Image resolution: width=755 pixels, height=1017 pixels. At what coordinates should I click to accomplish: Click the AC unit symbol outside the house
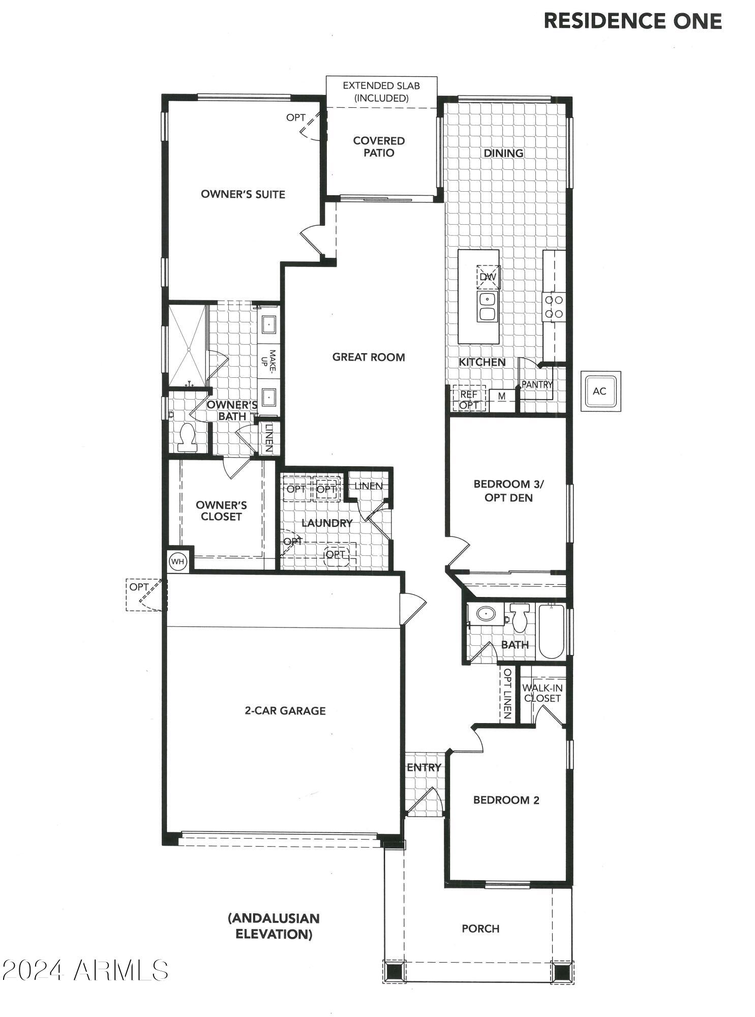[x=600, y=391]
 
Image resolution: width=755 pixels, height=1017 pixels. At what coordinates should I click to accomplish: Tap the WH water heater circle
[x=177, y=561]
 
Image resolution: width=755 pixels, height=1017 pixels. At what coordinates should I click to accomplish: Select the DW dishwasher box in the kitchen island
[x=488, y=277]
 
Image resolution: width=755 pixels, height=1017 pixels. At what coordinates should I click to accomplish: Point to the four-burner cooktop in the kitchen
[x=554, y=307]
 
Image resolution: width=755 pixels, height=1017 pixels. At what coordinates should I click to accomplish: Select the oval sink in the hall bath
[x=485, y=614]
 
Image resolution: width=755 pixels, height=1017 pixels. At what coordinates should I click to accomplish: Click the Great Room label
[x=369, y=357]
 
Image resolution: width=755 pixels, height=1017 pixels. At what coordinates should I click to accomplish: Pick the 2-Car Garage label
[x=285, y=711]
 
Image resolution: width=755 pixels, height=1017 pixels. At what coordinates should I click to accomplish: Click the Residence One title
[x=632, y=21]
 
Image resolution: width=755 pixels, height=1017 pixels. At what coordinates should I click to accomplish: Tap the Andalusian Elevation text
[x=274, y=926]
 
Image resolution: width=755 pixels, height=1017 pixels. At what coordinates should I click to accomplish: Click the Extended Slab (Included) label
[x=381, y=92]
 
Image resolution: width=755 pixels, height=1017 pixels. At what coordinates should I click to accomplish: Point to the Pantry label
[x=537, y=385]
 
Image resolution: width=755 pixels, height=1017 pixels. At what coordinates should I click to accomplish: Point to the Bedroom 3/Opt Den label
[x=508, y=491]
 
